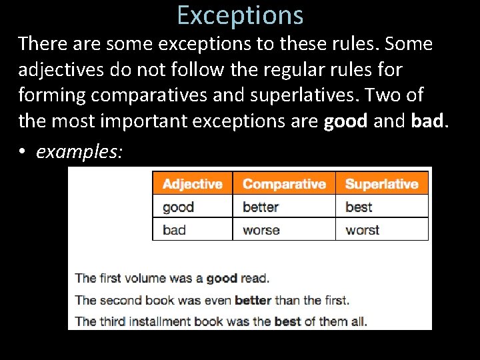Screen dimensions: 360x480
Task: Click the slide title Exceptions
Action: point(241,15)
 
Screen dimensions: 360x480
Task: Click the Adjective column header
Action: point(192,184)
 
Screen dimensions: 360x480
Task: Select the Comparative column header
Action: point(284,184)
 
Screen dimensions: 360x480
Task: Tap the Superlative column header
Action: point(381,184)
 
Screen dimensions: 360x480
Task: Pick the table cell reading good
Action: point(178,207)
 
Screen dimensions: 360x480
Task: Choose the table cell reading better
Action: point(260,207)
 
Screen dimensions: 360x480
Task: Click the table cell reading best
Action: point(359,207)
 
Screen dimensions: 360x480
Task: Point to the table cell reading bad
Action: point(174,230)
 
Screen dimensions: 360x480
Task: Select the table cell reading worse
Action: point(261,230)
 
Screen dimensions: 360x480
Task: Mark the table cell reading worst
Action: point(362,230)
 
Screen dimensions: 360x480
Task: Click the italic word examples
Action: point(79,152)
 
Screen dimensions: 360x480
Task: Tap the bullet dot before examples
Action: point(22,153)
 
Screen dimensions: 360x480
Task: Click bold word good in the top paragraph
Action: point(346,121)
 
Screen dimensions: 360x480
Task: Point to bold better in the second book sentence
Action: point(253,300)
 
